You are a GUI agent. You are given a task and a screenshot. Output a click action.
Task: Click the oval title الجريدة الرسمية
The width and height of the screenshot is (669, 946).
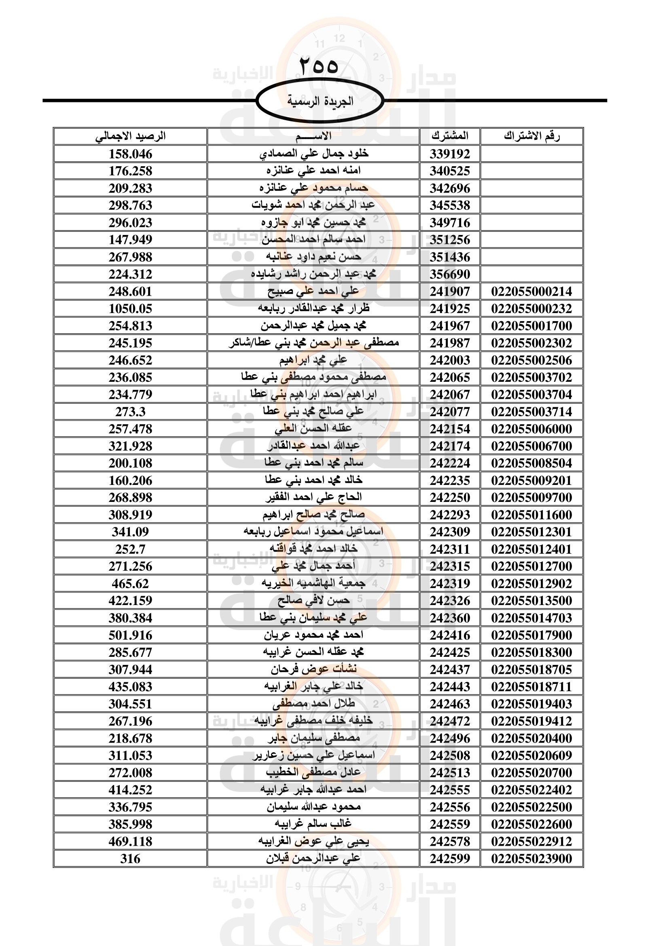[x=320, y=101]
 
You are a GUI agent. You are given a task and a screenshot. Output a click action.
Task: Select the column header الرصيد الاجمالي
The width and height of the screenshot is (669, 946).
[x=130, y=136]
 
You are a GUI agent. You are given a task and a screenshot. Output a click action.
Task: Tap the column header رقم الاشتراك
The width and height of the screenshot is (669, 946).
[x=531, y=136]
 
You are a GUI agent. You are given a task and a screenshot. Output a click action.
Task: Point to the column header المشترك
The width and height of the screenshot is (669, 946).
[x=450, y=136]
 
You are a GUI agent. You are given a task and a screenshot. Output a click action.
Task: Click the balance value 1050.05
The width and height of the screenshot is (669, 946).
[x=130, y=309]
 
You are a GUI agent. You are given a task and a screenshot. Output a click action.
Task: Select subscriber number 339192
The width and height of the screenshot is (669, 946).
[x=450, y=154]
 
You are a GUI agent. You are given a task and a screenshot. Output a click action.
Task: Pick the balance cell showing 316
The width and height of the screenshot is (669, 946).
[x=130, y=859]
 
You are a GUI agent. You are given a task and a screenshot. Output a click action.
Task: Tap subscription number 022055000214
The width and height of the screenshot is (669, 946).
[x=531, y=292]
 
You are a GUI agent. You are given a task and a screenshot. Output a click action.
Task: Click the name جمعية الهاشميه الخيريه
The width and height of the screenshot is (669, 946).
[x=313, y=584]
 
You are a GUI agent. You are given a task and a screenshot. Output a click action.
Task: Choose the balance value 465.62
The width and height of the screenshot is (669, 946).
[x=130, y=584]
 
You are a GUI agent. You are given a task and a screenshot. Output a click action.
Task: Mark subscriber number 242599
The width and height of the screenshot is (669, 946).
[x=450, y=859]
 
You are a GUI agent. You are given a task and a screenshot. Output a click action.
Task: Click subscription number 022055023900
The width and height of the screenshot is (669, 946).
[x=531, y=859]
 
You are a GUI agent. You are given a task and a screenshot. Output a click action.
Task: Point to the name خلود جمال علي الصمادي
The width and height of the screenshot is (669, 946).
[x=313, y=154]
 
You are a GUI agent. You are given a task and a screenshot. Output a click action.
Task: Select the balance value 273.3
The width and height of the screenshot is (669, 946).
[x=130, y=412]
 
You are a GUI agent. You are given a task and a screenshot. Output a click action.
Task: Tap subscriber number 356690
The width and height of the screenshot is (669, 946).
[x=450, y=274]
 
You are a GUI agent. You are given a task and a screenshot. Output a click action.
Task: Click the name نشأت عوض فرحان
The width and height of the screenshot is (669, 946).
[x=313, y=669]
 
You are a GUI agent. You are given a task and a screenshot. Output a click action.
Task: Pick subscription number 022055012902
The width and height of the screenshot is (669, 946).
[x=531, y=584]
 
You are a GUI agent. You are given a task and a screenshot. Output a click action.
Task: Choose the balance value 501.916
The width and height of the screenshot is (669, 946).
[x=130, y=635]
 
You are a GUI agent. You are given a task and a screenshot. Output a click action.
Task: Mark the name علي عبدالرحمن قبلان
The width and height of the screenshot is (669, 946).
[x=313, y=859]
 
